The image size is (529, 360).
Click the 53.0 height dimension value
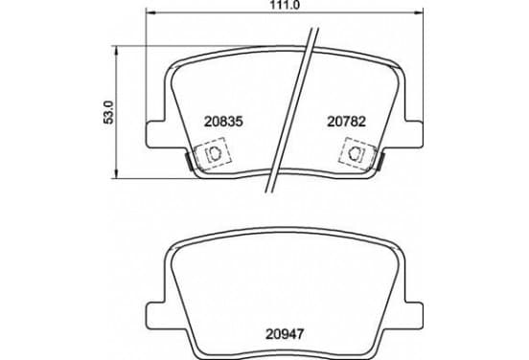click(109, 112)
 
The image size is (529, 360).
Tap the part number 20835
click(223, 122)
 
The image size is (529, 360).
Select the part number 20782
click(347, 122)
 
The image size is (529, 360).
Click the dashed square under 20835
click(213, 153)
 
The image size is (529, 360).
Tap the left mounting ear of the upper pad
click(156, 134)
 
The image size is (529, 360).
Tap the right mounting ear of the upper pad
click(413, 134)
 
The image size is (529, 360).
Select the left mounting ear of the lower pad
click(156, 315)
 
